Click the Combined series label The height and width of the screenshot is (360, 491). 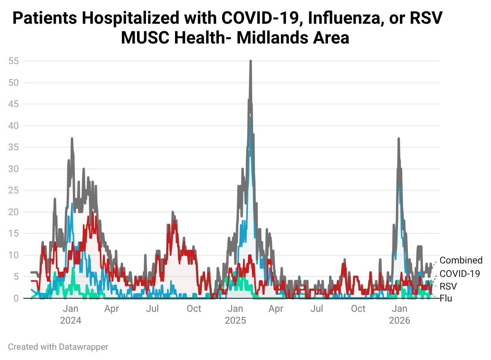click(x=461, y=260)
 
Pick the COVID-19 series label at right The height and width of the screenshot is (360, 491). click(x=460, y=273)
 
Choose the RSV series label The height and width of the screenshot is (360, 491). click(x=448, y=286)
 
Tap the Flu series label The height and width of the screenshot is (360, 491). click(x=446, y=298)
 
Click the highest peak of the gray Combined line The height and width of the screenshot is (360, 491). click(x=251, y=61)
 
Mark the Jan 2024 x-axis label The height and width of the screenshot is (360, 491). click(x=70, y=315)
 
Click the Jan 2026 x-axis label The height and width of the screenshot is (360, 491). click(x=400, y=315)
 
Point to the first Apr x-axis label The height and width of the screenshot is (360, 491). click(x=112, y=309)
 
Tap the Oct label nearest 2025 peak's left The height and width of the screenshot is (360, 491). click(x=194, y=309)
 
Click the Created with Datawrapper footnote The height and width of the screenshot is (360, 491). click(x=58, y=347)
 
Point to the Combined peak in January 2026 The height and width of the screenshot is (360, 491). click(x=398, y=139)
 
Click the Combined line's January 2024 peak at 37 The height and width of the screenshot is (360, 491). click(x=72, y=139)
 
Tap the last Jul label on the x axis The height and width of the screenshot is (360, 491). click(x=317, y=309)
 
